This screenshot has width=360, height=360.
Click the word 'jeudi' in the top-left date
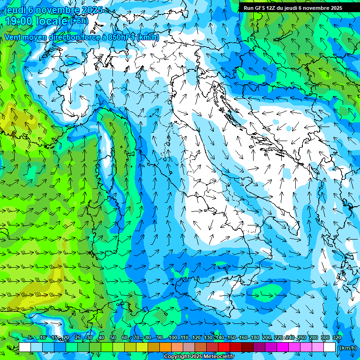point(14,10)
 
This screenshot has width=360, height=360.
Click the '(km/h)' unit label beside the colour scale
point(347,347)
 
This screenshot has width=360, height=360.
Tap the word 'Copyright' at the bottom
point(177,357)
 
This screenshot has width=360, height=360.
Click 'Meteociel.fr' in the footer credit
point(219,357)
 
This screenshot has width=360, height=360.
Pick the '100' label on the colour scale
point(173,337)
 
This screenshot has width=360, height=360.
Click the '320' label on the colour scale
point(337,337)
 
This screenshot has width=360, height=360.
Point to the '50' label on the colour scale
point(113,337)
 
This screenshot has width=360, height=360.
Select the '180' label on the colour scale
point(255,337)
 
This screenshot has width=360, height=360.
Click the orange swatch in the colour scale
point(165,347)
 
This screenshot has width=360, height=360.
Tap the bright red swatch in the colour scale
point(224,347)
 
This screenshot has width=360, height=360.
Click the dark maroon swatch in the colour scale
point(247,347)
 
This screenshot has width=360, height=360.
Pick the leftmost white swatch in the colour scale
point(25,347)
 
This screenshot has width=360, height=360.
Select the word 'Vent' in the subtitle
point(14,37)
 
